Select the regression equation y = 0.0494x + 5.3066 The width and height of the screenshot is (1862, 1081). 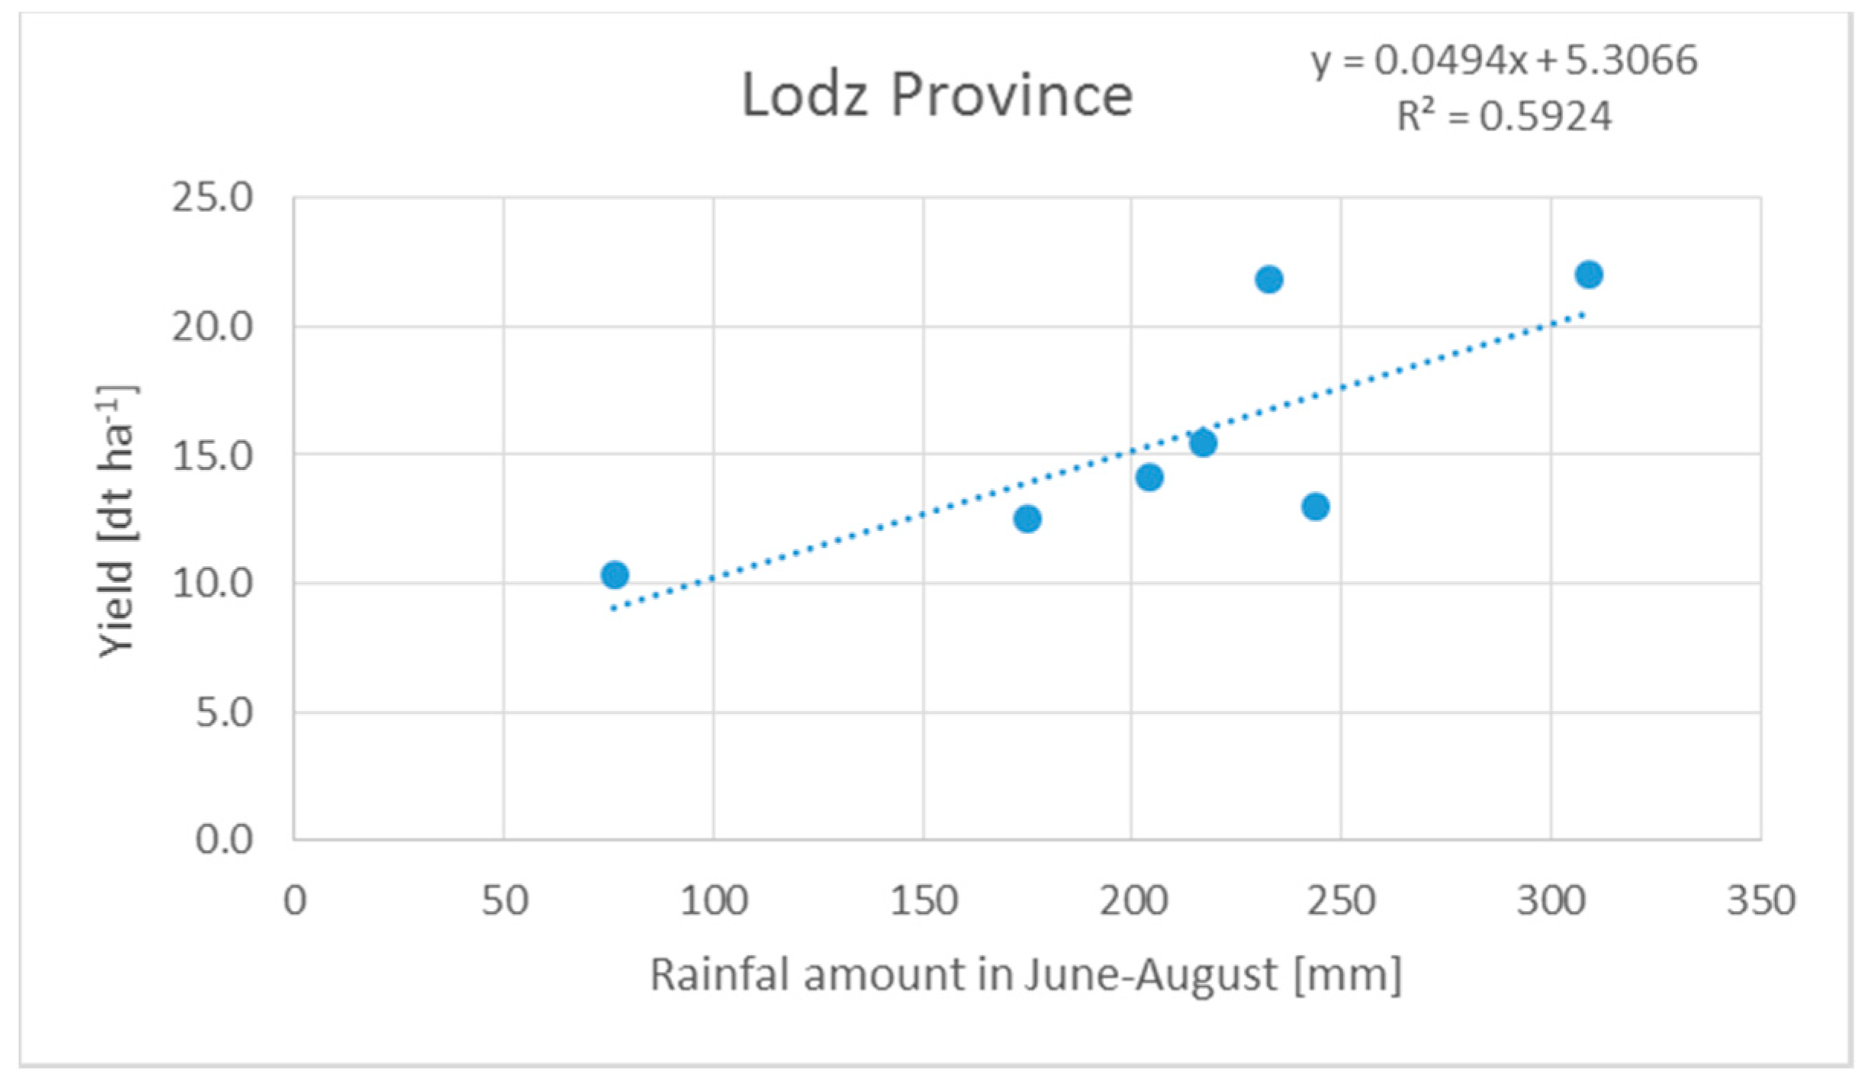[x=1503, y=60]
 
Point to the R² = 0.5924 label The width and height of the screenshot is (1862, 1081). [x=1503, y=116]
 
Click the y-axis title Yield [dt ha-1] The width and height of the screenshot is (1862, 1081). [x=117, y=521]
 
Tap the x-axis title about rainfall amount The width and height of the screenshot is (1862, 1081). [x=1025, y=974]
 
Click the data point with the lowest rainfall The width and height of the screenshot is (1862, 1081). [x=615, y=574]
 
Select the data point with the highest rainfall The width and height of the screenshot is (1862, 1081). [x=1589, y=275]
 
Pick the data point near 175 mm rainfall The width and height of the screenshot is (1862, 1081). [x=1027, y=519]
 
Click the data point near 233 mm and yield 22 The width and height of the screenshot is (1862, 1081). [x=1269, y=280]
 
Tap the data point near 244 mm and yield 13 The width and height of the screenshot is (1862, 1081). [x=1316, y=507]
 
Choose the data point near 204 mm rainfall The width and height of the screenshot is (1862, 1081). [x=1150, y=478]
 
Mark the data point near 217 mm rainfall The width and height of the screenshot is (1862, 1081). [x=1204, y=442]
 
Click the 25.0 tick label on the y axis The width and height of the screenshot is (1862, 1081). [x=212, y=198]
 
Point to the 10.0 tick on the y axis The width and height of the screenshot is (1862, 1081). [x=212, y=584]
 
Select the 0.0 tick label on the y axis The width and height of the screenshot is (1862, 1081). [x=224, y=840]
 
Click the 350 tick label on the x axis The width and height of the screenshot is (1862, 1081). [x=1761, y=901]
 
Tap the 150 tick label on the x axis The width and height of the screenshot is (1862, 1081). [x=924, y=901]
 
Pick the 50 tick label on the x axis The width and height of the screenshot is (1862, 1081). [x=504, y=901]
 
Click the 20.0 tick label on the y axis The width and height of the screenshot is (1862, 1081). [x=212, y=327]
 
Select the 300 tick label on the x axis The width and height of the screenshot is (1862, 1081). [x=1551, y=901]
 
